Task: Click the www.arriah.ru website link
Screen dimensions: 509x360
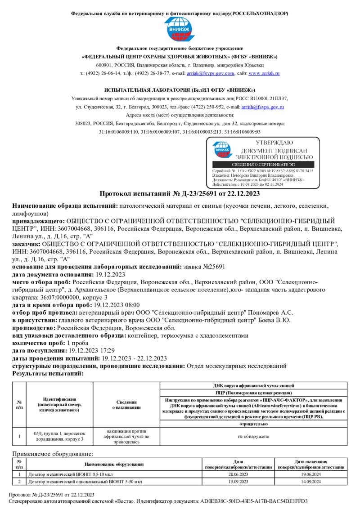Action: pos(264,73)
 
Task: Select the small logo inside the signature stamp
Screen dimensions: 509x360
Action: pos(221,150)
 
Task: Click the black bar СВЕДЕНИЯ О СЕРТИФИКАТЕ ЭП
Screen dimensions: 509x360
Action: pos(263,165)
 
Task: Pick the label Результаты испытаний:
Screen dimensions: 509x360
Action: pos(48,373)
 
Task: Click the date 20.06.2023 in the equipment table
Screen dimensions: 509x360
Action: pos(238,474)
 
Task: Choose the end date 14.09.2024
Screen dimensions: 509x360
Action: pos(311,482)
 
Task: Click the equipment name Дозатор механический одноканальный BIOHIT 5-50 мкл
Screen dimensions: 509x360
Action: pos(85,482)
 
